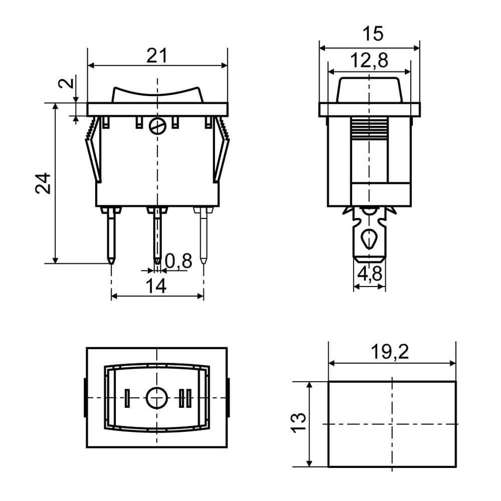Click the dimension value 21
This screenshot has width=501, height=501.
pos(157,56)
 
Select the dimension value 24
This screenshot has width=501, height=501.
pos(43,183)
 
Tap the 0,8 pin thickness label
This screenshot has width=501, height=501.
pos(179,261)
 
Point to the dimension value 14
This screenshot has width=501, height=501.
pos(156,286)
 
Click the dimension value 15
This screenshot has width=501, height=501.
pos(373,34)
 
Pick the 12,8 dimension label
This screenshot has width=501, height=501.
pos(369,61)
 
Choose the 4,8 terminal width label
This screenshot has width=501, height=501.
pos(369,274)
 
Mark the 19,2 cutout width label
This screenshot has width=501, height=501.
pos(390,352)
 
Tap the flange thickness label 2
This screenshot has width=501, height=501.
pos(66,83)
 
